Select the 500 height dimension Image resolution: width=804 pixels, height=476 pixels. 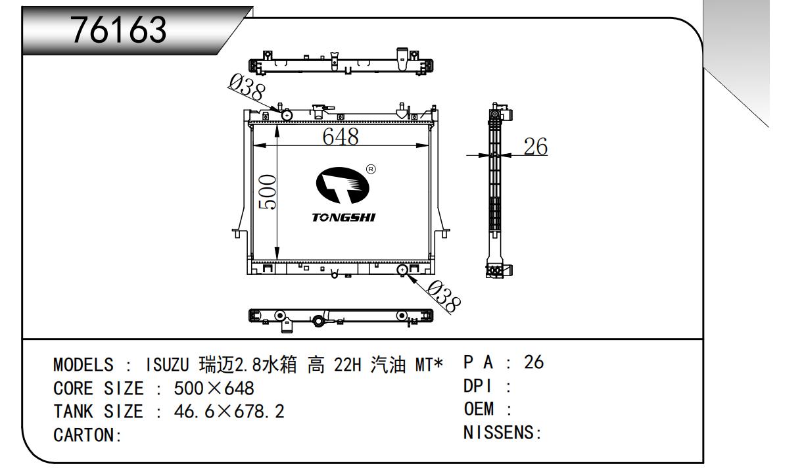(266, 192)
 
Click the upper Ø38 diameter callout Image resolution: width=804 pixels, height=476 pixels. (246, 88)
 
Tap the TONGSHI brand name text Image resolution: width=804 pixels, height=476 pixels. (344, 218)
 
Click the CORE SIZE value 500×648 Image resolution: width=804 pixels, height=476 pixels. (214, 388)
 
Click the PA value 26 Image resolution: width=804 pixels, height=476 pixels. (534, 362)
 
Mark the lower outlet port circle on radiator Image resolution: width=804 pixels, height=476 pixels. (402, 270)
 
